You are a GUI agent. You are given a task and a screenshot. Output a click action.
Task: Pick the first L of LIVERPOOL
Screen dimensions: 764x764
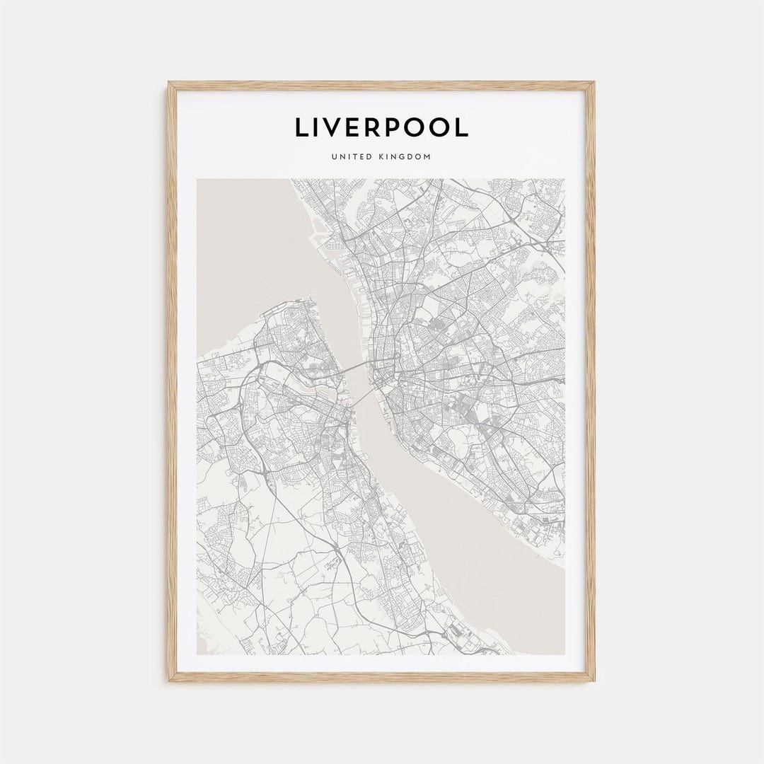point(301,127)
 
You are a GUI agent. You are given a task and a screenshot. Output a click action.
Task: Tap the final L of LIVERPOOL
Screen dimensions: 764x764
point(461,127)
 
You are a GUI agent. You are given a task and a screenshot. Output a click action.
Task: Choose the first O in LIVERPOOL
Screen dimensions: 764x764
point(417,127)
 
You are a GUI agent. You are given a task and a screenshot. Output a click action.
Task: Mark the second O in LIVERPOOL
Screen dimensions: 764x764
point(442,127)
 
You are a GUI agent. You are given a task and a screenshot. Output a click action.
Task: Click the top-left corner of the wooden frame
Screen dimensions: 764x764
point(170,83)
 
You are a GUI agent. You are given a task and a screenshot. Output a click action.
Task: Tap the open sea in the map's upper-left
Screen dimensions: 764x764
point(241,241)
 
